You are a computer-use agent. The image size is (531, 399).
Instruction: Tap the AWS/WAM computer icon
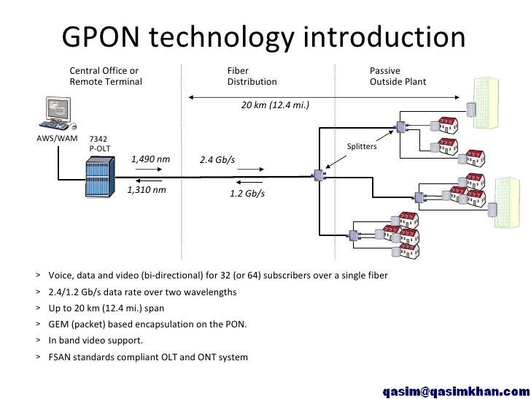point(56,113)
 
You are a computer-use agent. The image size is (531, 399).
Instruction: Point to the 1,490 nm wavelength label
point(150,159)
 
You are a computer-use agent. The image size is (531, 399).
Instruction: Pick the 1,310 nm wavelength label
point(146,190)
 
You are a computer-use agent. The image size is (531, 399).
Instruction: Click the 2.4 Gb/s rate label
point(217,160)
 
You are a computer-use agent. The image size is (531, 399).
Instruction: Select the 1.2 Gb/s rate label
point(247,194)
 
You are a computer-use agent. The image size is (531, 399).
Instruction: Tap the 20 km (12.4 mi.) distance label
point(275,105)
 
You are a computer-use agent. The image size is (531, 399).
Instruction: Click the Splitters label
point(361,147)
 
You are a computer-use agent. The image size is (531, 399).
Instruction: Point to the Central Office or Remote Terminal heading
point(106,76)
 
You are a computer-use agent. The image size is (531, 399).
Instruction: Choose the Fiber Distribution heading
point(252,76)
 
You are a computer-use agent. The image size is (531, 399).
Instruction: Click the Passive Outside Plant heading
point(398,76)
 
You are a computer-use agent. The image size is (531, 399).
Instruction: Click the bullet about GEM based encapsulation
point(147,324)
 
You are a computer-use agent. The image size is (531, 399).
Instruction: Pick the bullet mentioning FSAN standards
point(147,357)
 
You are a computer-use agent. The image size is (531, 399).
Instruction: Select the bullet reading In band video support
point(96,341)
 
